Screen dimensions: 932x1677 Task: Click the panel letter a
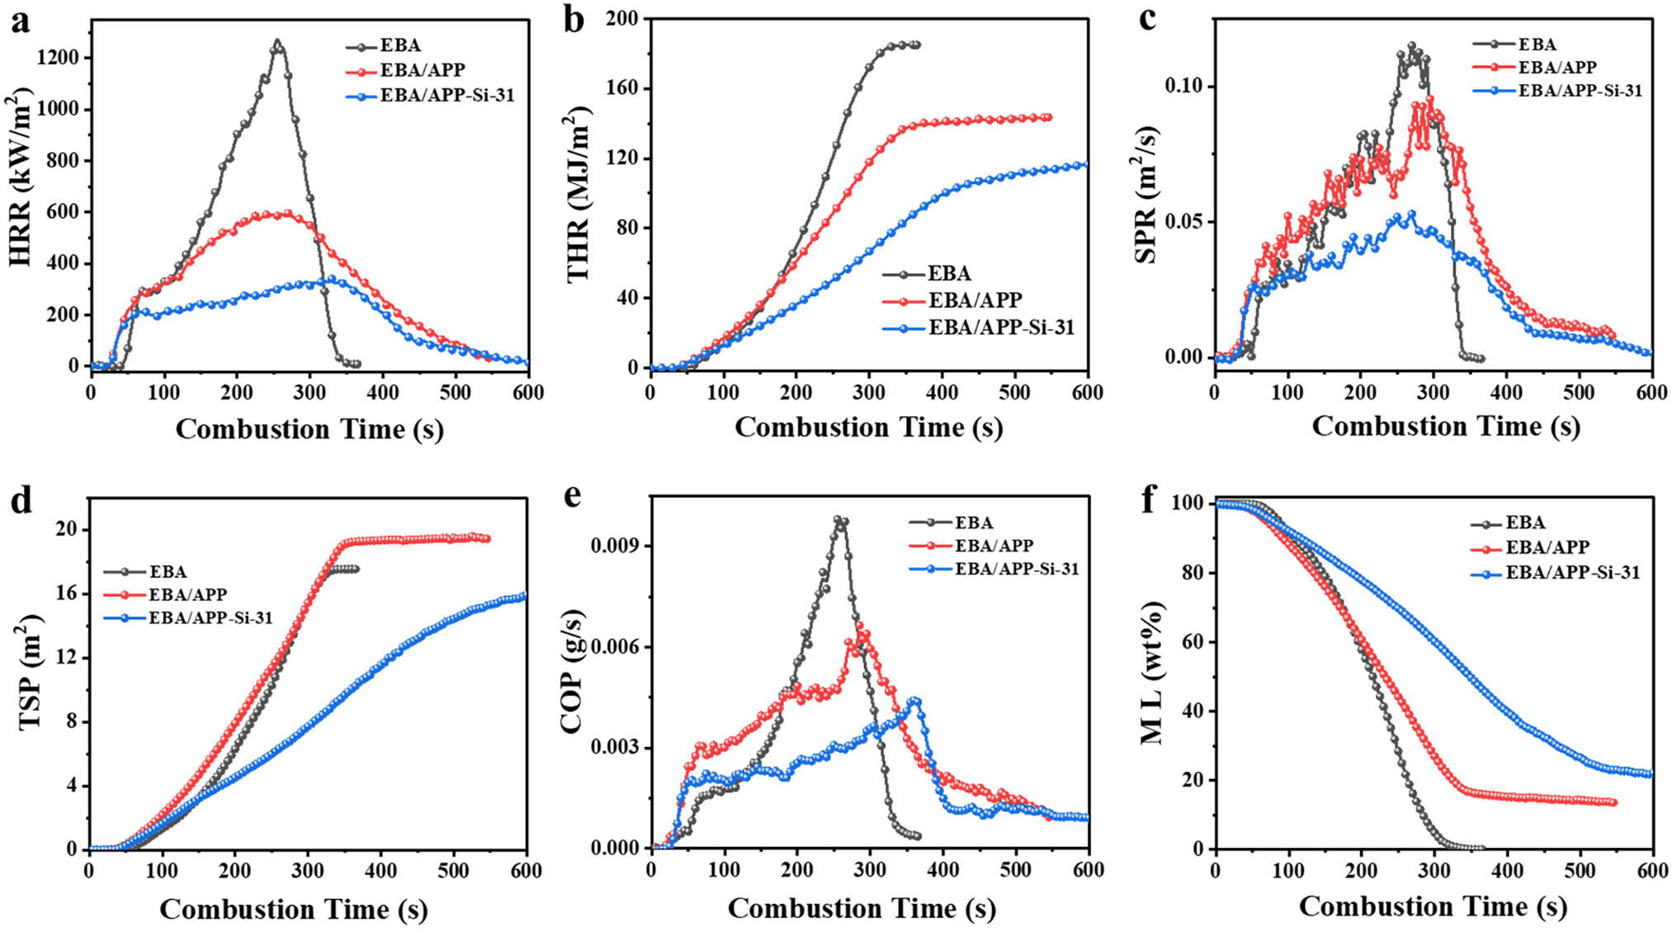20,21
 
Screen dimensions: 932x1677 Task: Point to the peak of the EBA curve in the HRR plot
277,41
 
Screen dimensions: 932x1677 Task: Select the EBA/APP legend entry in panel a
422,71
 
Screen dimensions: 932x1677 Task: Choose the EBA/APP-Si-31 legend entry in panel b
1001,328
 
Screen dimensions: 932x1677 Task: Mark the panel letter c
1147,20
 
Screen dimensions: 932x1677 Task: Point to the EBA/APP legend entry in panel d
187,594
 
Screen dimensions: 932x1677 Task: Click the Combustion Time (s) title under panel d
294,909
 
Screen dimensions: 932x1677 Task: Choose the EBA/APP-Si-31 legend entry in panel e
1017,569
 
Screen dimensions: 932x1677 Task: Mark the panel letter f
1149,500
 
